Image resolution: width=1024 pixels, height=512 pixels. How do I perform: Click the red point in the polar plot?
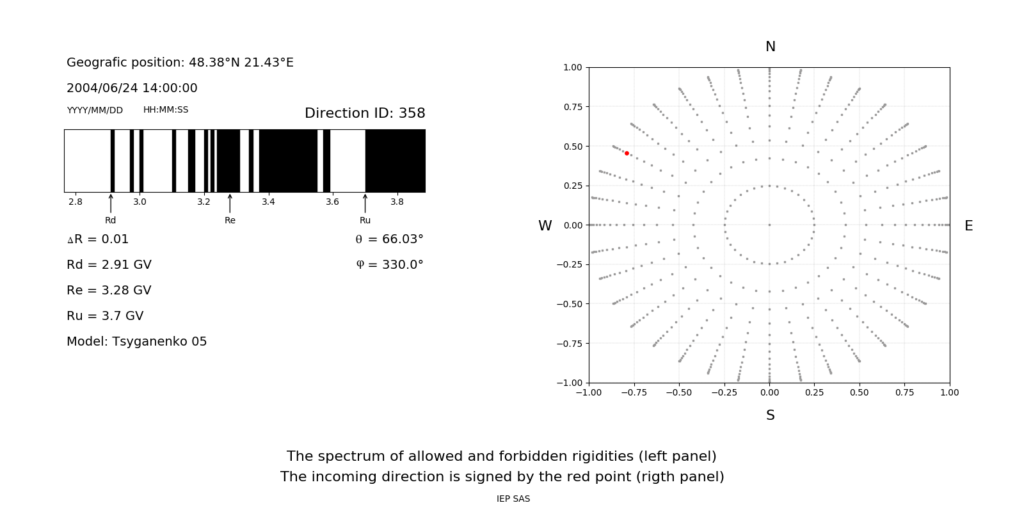(627, 154)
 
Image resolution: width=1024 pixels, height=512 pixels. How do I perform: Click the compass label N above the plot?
(770, 47)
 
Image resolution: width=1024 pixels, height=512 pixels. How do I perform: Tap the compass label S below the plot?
(770, 415)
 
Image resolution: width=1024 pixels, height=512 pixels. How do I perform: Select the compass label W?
(545, 226)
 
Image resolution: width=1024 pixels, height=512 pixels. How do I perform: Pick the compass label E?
(968, 226)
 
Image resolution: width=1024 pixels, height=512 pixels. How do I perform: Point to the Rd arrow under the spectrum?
(111, 204)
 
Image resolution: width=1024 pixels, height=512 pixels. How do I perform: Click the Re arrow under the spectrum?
(230, 204)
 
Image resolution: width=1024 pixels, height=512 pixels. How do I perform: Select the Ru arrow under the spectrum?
(365, 204)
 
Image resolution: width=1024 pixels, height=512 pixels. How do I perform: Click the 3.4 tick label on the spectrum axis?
(268, 202)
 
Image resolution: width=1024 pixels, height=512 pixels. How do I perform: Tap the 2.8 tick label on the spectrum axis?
(75, 202)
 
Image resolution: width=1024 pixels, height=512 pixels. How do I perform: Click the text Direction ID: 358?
(365, 113)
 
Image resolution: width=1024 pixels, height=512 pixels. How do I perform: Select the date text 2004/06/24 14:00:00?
(132, 88)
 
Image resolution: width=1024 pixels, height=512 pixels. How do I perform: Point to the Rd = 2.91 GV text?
(109, 265)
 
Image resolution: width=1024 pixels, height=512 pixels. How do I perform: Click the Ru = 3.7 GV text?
(105, 316)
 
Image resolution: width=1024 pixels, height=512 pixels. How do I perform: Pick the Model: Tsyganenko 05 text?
(137, 342)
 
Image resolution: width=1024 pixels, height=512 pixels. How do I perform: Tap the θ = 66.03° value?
(389, 239)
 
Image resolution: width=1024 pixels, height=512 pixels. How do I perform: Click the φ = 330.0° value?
(390, 265)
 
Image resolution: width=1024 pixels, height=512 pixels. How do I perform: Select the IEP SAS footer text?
(513, 499)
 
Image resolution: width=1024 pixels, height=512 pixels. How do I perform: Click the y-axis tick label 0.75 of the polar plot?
(572, 107)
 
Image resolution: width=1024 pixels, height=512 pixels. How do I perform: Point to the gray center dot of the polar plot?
(769, 225)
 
